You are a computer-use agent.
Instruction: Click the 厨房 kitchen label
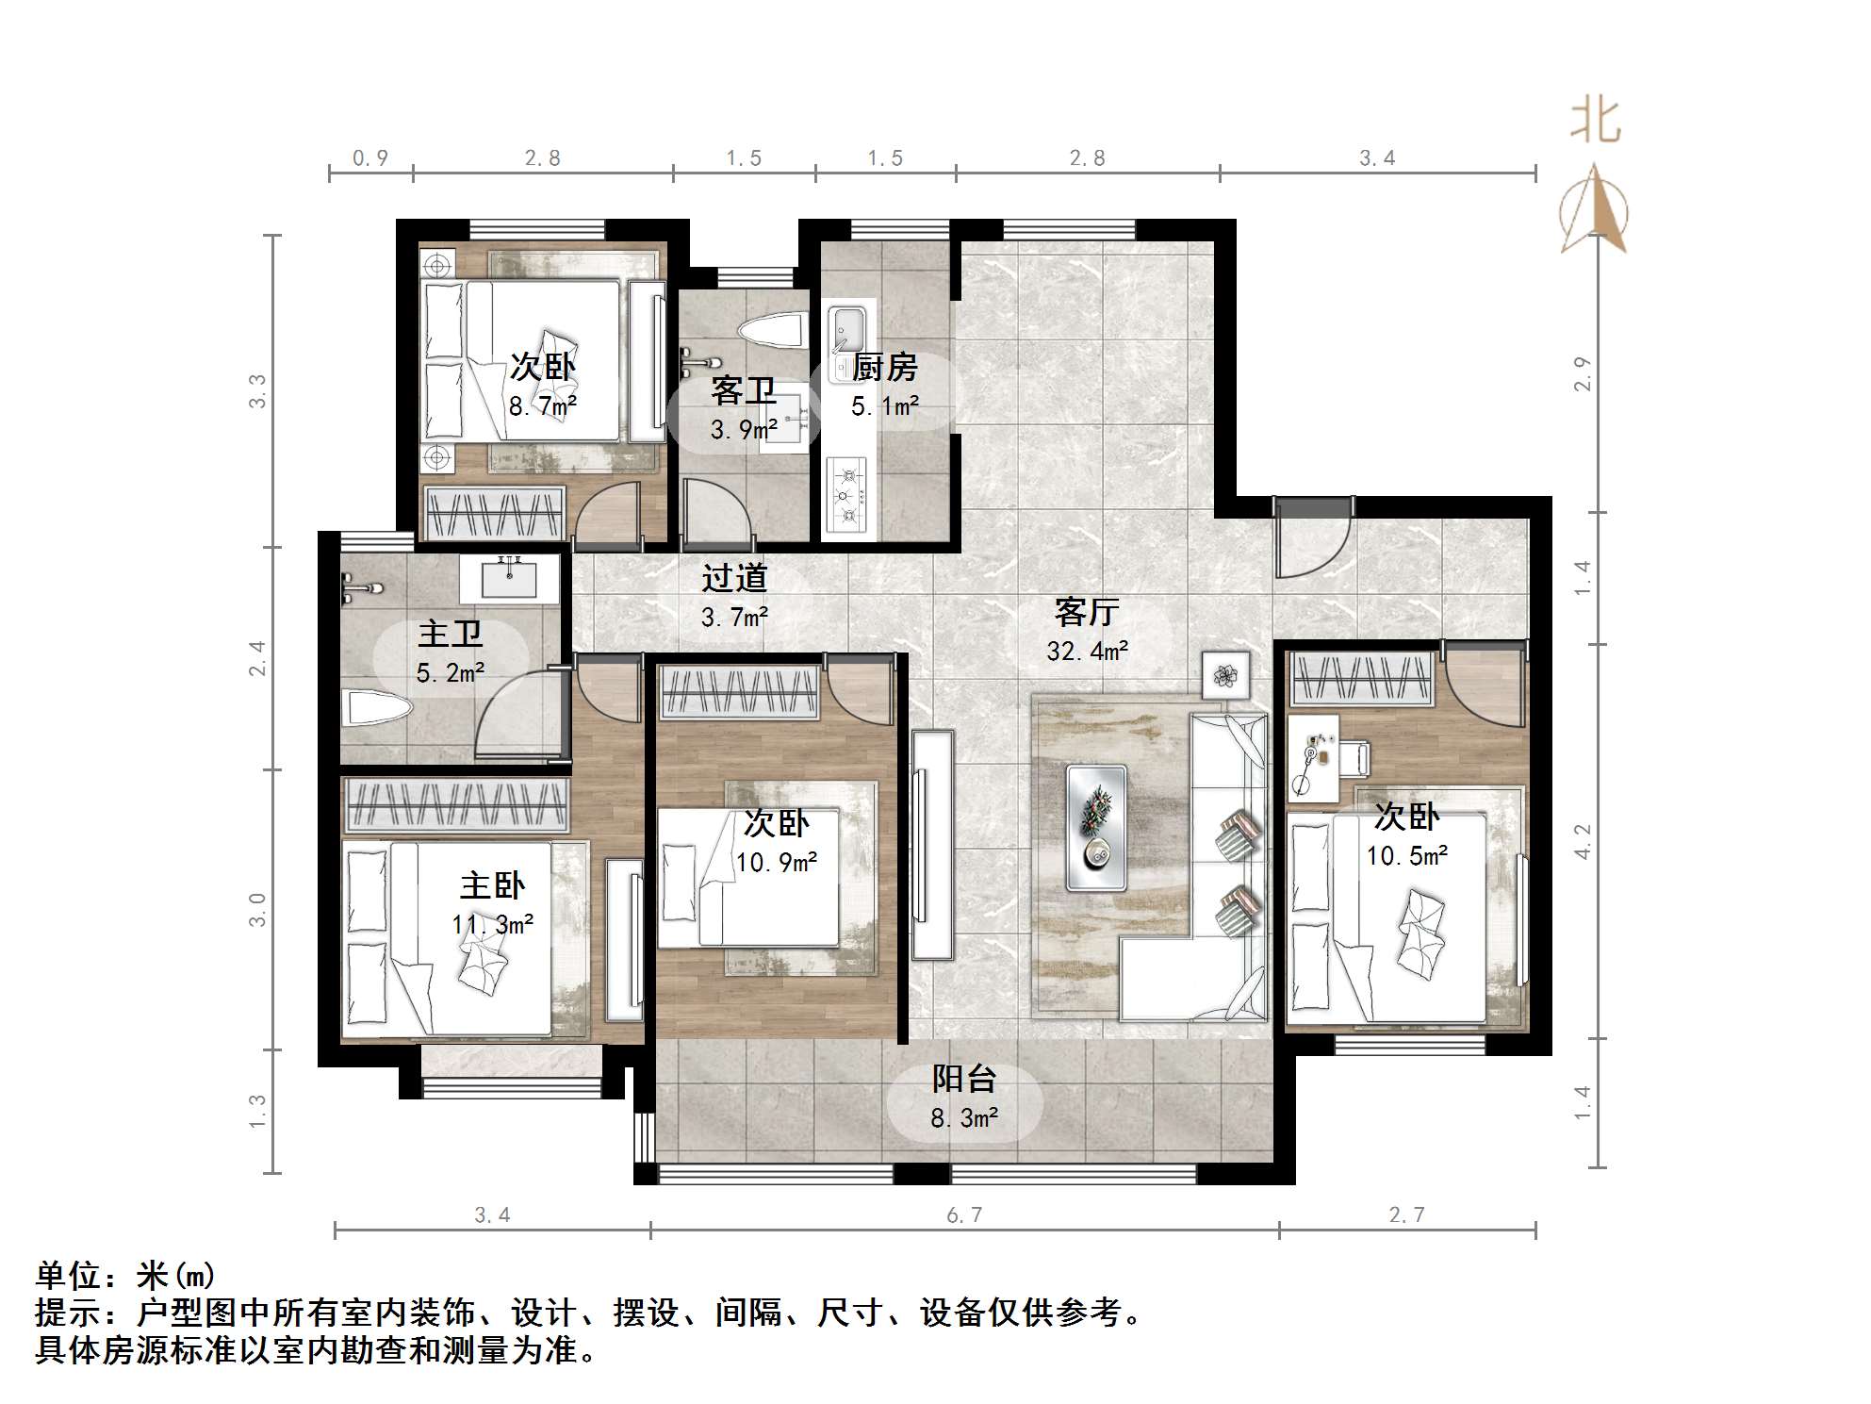tap(884, 367)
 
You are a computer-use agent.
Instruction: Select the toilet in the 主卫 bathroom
tap(377, 708)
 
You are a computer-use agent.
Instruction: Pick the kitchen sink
tap(845, 331)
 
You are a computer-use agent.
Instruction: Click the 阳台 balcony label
tap(963, 1079)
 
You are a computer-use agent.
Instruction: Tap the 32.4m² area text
tap(1087, 651)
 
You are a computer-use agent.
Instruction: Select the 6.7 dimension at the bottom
tap(964, 1215)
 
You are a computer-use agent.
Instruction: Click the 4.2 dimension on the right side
tap(1583, 841)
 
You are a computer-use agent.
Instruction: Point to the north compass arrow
tap(1594, 210)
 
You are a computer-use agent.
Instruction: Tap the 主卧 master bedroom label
tap(492, 885)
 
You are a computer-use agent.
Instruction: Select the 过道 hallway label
tap(734, 578)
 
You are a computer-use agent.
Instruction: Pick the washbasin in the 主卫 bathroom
tap(509, 577)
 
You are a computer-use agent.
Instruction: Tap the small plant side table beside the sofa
tap(1225, 674)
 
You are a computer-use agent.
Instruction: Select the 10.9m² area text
tap(776, 862)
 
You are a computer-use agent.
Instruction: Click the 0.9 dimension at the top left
tap(370, 157)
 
